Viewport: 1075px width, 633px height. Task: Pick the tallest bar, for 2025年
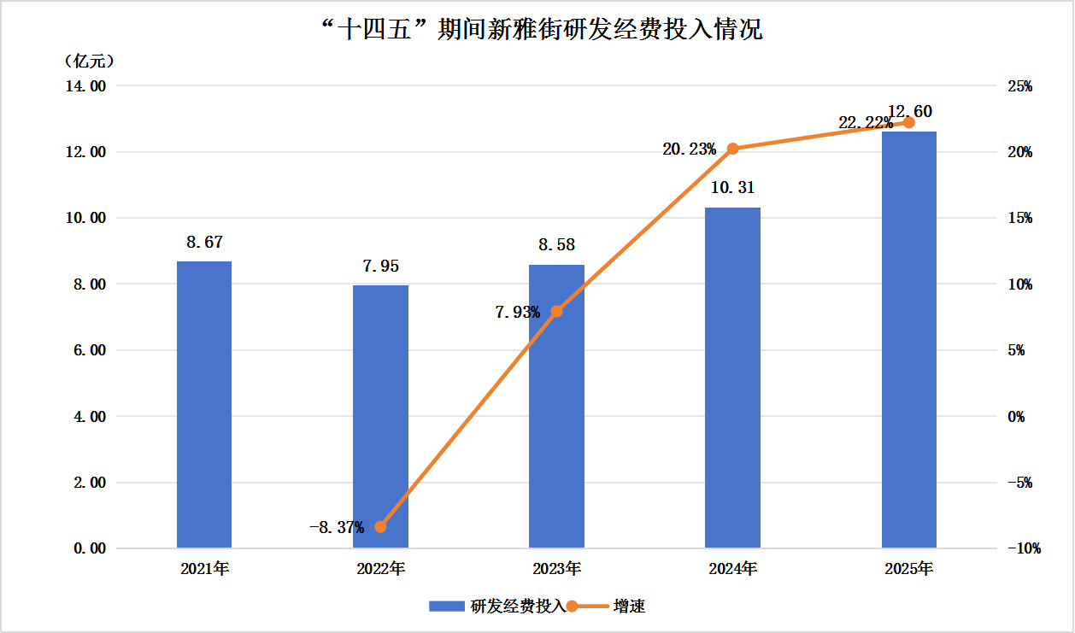click(x=908, y=342)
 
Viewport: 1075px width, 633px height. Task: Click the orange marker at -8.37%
click(x=381, y=526)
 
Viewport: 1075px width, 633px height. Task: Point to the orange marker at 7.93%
click(x=557, y=312)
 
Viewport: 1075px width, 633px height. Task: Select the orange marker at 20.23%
click(x=732, y=149)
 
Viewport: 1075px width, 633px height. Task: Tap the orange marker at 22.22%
click(x=908, y=123)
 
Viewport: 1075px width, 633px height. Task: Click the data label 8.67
click(x=204, y=243)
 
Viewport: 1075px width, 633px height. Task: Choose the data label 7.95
click(x=380, y=266)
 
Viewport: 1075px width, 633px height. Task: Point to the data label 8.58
click(x=556, y=245)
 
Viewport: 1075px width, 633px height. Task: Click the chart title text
click(x=538, y=31)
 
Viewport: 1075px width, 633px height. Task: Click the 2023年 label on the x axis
click(x=556, y=568)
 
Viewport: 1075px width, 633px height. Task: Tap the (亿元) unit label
click(x=89, y=62)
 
